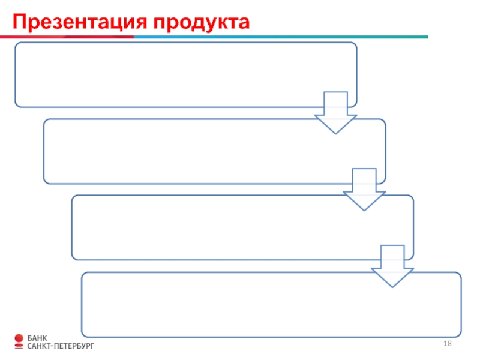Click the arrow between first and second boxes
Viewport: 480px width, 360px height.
click(x=335, y=112)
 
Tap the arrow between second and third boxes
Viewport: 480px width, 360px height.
click(x=364, y=189)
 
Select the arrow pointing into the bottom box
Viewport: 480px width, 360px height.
click(x=392, y=266)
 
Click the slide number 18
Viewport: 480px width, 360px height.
click(x=447, y=343)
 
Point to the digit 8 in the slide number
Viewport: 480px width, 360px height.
click(x=449, y=343)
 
